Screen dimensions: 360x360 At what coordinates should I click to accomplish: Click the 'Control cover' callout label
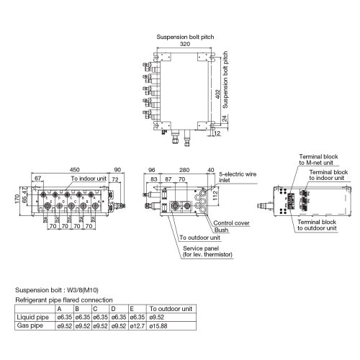coord(232,223)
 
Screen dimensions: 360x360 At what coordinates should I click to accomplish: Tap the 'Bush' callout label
coord(221,230)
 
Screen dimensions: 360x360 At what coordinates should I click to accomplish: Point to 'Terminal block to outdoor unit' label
coord(318,227)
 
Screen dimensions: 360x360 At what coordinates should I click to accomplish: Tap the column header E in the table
coord(131,309)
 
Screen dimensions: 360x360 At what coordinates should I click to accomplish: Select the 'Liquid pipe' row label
coord(32,317)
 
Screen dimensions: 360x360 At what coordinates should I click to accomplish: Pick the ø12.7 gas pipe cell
coord(137,325)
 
